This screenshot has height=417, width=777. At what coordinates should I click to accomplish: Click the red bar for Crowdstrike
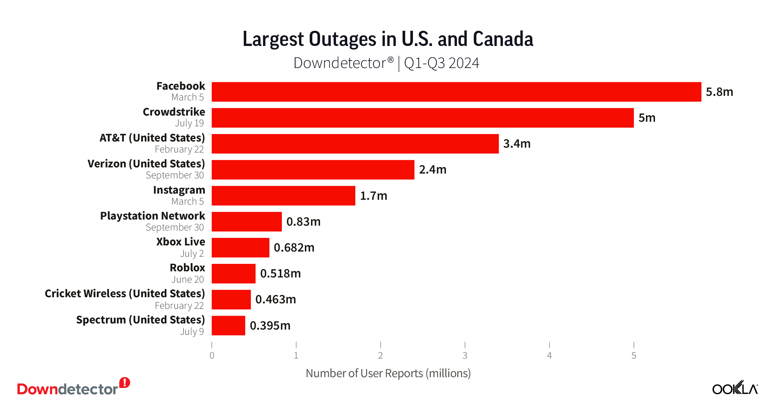[422, 118]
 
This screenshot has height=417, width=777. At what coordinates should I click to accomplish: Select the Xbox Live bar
[240, 248]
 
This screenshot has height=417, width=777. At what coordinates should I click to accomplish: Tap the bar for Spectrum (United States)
[228, 326]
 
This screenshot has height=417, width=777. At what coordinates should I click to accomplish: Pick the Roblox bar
[233, 274]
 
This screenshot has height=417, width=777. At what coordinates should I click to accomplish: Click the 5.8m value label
[719, 92]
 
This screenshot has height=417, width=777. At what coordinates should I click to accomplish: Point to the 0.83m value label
[303, 222]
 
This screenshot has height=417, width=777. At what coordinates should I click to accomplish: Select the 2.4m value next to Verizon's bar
[432, 170]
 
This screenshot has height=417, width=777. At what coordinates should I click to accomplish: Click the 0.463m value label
[275, 299]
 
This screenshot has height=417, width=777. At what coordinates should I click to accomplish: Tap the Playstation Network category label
[152, 216]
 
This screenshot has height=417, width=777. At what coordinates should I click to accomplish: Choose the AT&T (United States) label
[152, 138]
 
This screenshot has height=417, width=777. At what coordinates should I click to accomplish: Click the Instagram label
[179, 190]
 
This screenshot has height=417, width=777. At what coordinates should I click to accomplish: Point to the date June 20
[187, 279]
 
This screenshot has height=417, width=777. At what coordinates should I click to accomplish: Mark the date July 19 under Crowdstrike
[189, 123]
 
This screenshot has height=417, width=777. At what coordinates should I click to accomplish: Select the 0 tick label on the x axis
[212, 355]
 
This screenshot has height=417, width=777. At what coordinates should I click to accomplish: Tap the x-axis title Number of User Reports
[388, 373]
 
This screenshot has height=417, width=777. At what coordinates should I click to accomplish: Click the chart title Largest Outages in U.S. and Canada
[388, 39]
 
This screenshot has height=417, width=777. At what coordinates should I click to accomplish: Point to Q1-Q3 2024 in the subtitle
[441, 63]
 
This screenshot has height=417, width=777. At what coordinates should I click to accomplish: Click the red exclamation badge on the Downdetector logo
[125, 383]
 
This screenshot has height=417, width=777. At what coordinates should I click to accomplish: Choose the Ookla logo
[735, 388]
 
